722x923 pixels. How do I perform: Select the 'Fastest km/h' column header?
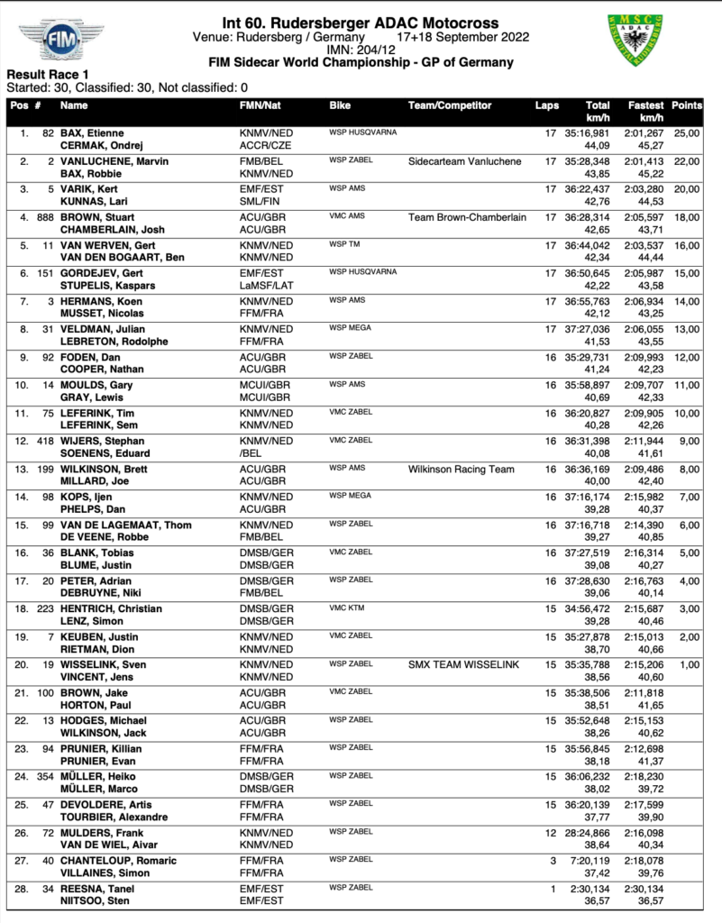[x=646, y=111]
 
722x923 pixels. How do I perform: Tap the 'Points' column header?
[x=687, y=105]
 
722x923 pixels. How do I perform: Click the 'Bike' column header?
[x=340, y=105]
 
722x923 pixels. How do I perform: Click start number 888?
[x=42, y=216]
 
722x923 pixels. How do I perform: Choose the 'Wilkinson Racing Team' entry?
[x=462, y=469]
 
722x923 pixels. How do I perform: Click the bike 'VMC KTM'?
[x=348, y=608]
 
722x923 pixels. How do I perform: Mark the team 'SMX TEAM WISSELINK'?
[x=461, y=664]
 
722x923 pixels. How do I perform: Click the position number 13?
[x=21, y=469]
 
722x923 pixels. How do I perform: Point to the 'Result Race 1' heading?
[x=48, y=74]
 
